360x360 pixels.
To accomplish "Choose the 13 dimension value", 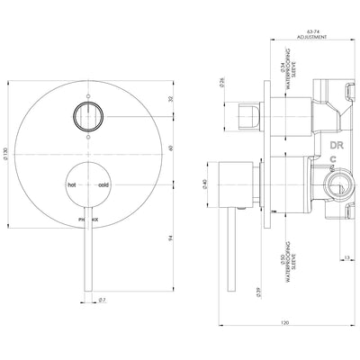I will (346, 256).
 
